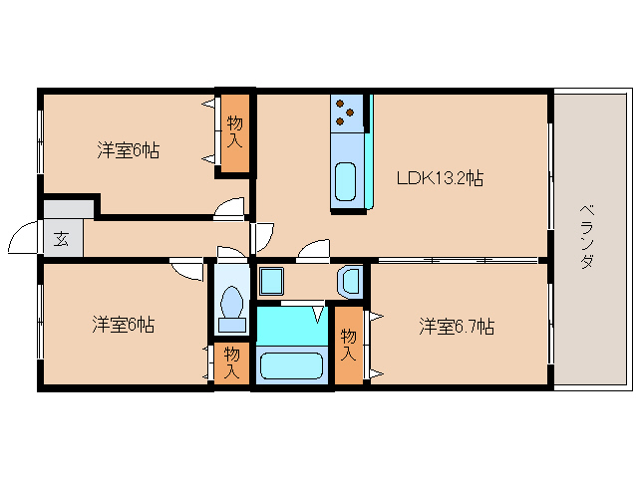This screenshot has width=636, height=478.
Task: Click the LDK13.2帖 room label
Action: coord(440,180)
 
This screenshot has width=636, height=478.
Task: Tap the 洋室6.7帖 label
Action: coord(458,326)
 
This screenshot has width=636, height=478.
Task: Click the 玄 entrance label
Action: coord(62,239)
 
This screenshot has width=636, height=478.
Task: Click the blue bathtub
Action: coord(292,364)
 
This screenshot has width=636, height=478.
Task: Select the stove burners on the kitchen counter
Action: coord(346,112)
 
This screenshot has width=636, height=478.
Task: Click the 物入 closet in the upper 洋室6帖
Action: coord(235,132)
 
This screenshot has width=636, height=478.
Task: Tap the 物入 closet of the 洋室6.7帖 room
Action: coord(349,347)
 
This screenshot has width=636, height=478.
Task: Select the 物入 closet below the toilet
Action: coord(231,362)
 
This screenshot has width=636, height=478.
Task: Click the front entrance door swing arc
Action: coord(22,239)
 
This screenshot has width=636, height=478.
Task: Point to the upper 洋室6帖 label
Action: coord(129,150)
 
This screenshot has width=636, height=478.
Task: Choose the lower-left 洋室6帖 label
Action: coord(124,324)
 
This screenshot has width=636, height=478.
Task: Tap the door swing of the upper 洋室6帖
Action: coord(231,207)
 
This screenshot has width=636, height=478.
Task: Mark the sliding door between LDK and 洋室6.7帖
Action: coord(458,261)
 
